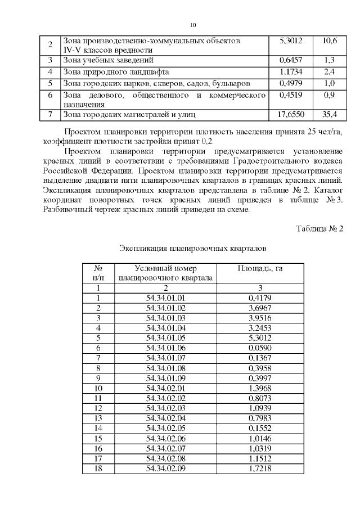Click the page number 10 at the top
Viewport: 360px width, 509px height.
click(193, 25)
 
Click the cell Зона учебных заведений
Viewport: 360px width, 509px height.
click(109, 60)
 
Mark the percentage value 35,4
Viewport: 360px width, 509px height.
click(330, 115)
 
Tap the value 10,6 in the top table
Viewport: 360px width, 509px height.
click(330, 41)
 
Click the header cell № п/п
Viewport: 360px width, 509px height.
click(98, 273)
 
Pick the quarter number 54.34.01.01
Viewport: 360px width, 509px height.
click(165, 298)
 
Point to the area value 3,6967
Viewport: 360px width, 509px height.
click(260, 308)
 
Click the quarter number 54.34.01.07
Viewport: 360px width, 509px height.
click(165, 358)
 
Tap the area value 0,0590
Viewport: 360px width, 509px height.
click(260, 348)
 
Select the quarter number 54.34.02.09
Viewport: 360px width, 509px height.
click(165, 468)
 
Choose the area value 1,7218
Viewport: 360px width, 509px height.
click(260, 468)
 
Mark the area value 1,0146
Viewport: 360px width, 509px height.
click(260, 438)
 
